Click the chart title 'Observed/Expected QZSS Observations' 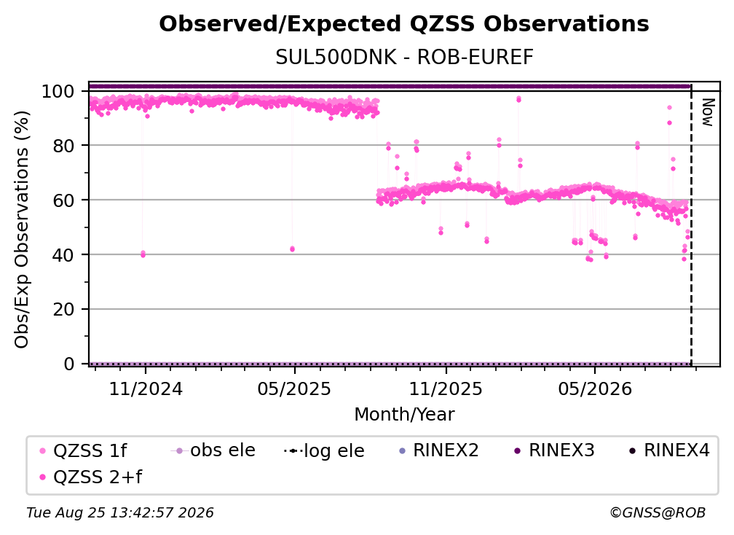404,24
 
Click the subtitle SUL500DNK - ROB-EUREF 404,57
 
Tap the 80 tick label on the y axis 63,146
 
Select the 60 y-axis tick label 63,200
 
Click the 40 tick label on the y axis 63,255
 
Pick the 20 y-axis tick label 63,309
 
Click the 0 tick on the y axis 69,364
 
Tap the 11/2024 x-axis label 146,388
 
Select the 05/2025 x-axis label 294,388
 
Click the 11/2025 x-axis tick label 446,388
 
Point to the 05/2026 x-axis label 595,388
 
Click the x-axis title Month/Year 404,414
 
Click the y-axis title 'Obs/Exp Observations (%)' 22,230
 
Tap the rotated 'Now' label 708,112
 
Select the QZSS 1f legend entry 84,450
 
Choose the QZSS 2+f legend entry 91,477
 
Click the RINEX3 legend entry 554,450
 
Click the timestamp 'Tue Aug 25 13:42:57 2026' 120,512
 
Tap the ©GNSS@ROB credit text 658,512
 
